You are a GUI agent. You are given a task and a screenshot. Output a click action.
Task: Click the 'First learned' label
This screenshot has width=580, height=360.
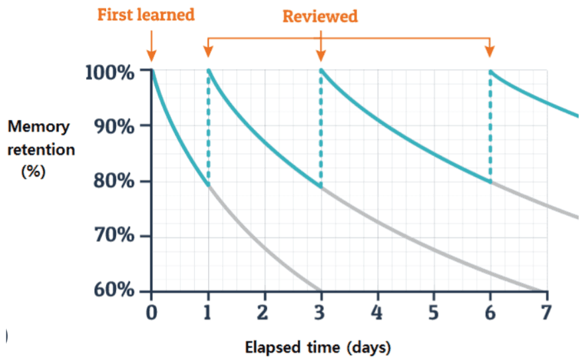(x=146, y=15)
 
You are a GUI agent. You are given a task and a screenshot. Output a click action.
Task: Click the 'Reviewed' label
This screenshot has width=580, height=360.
(x=320, y=16)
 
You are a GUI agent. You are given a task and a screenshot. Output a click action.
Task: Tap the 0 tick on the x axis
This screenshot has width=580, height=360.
(x=152, y=312)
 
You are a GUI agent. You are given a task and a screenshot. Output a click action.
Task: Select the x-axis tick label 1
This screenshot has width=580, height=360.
(x=208, y=312)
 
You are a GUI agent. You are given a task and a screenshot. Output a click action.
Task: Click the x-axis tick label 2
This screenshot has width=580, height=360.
(x=264, y=312)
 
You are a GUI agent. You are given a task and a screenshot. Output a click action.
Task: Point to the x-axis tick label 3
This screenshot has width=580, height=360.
(x=321, y=312)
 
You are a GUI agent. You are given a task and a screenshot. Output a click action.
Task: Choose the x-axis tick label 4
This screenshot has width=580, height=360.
(x=377, y=312)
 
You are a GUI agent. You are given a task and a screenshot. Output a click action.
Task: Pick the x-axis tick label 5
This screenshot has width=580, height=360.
(x=434, y=312)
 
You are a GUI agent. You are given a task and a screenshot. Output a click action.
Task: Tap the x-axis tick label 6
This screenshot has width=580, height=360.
(x=490, y=312)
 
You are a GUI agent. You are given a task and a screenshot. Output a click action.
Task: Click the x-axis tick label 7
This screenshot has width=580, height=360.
(x=546, y=312)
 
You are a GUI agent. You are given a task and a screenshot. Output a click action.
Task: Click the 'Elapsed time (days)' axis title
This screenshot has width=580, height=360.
(x=318, y=347)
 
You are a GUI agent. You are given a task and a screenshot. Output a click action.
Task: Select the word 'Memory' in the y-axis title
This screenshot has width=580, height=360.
(x=39, y=126)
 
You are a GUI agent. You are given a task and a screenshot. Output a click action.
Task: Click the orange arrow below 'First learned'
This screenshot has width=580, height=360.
(x=152, y=46)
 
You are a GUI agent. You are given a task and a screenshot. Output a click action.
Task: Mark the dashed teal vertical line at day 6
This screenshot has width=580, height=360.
(x=491, y=126)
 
